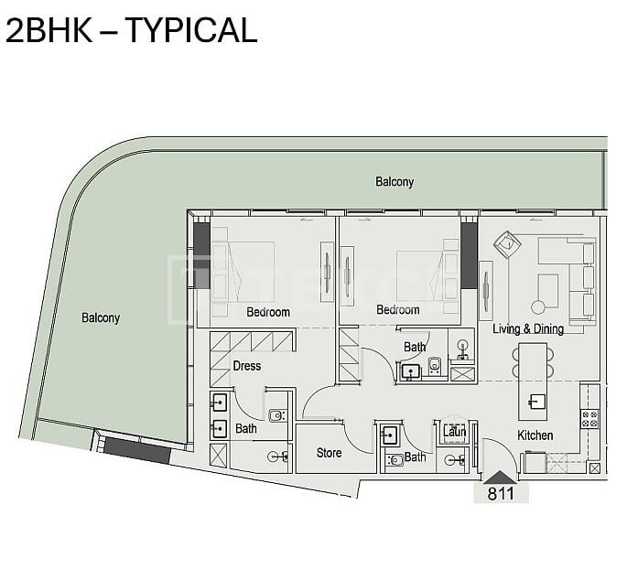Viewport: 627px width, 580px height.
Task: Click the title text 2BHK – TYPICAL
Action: point(131,30)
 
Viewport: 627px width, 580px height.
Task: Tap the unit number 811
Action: point(501,494)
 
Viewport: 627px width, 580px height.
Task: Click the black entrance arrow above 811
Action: point(500,478)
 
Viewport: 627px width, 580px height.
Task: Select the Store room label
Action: point(329,453)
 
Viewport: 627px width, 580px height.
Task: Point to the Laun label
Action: point(455,432)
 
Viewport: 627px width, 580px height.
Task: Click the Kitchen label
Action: point(535,435)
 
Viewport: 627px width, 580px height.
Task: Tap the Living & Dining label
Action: point(528,329)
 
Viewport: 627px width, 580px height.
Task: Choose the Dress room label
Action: point(247,366)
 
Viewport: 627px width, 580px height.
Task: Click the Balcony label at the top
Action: point(395,182)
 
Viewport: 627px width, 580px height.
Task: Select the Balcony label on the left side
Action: point(101,317)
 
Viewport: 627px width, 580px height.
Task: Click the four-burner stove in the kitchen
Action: point(589,419)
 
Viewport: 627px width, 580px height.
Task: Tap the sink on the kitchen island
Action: point(535,402)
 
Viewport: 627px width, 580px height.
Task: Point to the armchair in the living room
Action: point(508,244)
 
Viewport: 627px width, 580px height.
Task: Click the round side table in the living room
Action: point(538,307)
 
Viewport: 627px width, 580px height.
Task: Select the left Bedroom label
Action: point(268,312)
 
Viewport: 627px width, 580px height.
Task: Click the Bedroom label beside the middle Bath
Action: point(398,310)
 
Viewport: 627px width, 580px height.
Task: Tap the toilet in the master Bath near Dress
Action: point(276,415)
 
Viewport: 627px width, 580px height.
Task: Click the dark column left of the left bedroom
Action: point(202,244)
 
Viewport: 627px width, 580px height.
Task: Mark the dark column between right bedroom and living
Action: point(469,255)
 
